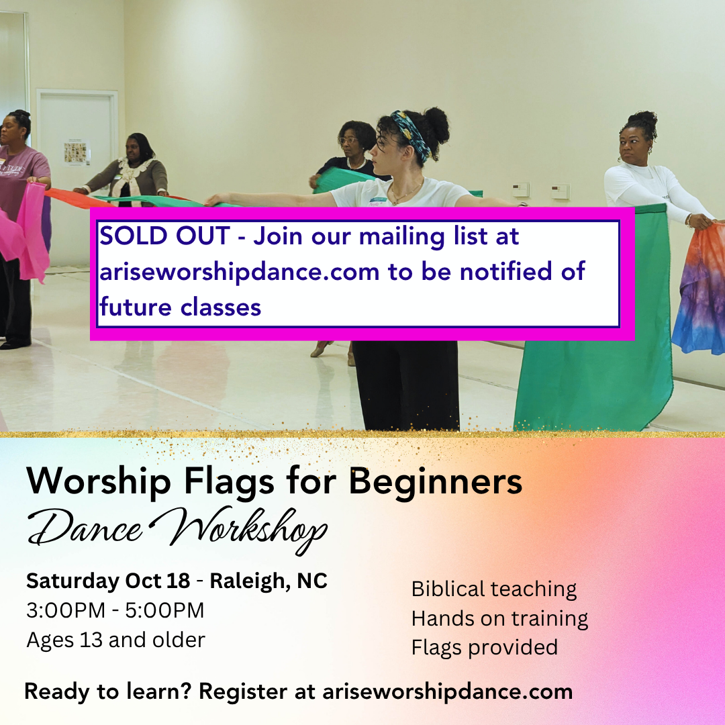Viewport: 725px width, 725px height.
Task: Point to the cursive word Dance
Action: (x=85, y=530)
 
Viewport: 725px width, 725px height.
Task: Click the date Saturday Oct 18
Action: (x=108, y=581)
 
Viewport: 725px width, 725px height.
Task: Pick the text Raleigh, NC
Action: (x=269, y=581)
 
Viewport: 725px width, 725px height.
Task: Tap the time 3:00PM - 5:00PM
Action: (x=115, y=610)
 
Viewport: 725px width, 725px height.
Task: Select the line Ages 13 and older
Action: (x=115, y=640)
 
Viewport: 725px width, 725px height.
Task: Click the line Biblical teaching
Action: (x=493, y=589)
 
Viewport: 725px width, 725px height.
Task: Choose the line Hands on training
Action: (x=499, y=618)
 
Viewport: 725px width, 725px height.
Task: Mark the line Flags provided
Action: (x=484, y=646)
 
